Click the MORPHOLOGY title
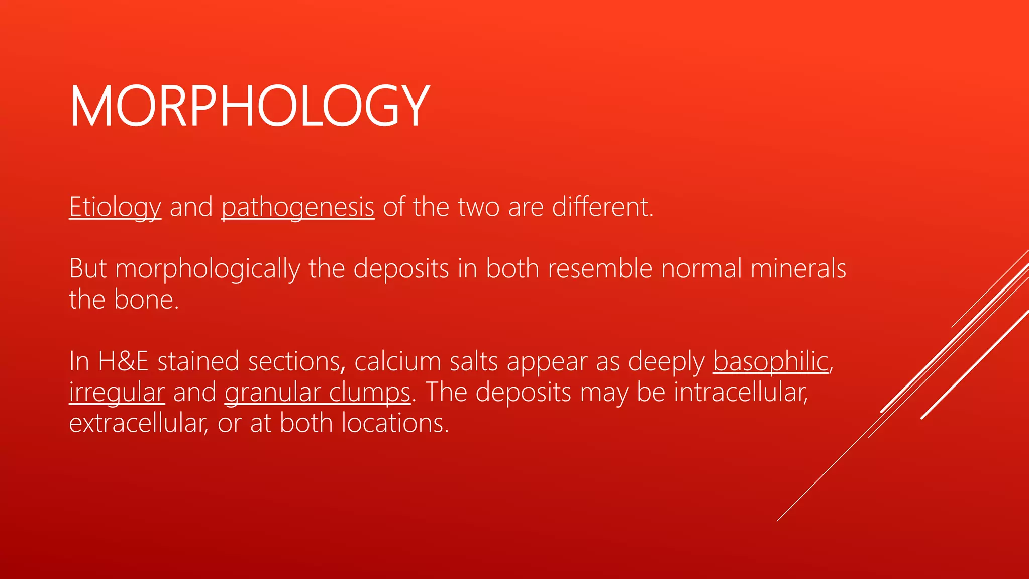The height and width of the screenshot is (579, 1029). click(x=250, y=106)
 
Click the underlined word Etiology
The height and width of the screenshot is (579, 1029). click(x=115, y=207)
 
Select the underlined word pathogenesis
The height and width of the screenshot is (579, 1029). click(x=298, y=207)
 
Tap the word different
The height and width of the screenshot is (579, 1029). click(x=602, y=207)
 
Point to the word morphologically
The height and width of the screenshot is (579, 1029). click(x=208, y=269)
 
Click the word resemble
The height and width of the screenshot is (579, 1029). click(x=600, y=269)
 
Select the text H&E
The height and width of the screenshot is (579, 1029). click(x=124, y=361)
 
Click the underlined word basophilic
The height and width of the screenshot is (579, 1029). click(x=770, y=361)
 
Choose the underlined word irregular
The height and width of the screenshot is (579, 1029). click(x=117, y=393)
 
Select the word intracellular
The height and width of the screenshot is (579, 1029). click(x=741, y=393)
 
